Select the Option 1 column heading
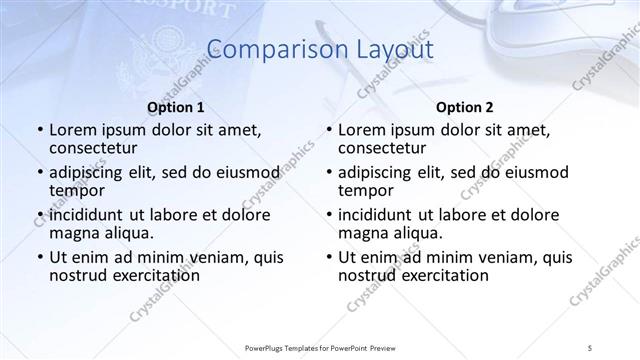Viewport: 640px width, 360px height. point(175,107)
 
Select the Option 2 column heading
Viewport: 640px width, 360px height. point(465,107)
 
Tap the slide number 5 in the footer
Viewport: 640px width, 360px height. point(591,346)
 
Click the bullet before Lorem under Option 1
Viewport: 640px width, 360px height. point(39,130)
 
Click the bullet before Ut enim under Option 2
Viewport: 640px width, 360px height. point(328,257)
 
